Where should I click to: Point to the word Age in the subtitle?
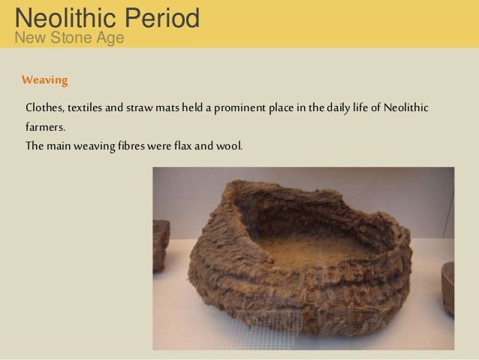tap(110, 37)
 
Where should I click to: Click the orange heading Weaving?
tap(45, 80)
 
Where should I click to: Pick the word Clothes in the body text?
tap(44, 108)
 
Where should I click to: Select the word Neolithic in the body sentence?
tap(405, 108)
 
